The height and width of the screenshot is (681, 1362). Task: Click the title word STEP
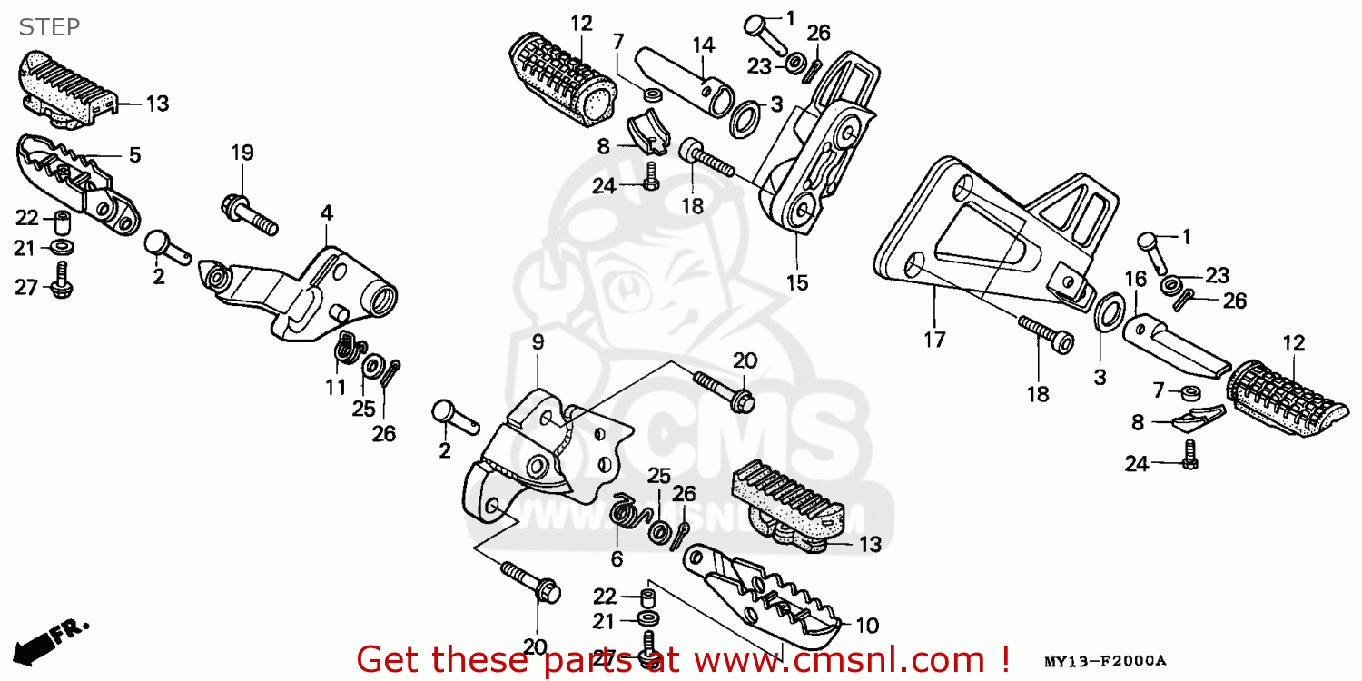[49, 27]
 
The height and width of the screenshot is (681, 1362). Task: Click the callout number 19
[242, 153]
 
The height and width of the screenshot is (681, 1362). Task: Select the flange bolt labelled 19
[248, 212]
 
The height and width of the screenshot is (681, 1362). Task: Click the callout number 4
[326, 214]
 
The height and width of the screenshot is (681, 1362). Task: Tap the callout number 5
[134, 155]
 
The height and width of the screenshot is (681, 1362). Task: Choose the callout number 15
[796, 282]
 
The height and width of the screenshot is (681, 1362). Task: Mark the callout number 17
[934, 340]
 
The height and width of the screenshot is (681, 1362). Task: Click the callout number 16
[1136, 279]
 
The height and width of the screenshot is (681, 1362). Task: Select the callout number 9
[538, 342]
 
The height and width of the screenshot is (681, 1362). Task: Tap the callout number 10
[867, 626]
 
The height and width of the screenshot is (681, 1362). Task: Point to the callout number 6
[617, 558]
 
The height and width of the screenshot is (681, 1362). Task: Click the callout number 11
[336, 387]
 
